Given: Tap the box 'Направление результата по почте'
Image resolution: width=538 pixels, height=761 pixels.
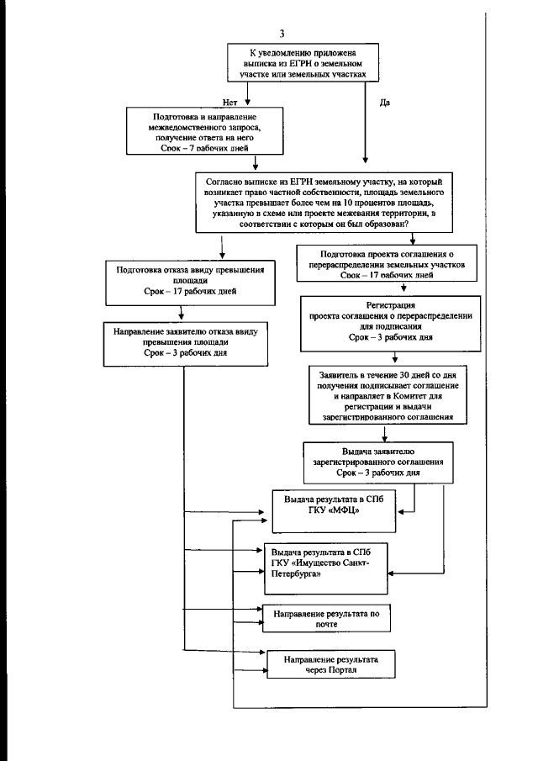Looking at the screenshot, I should (x=326, y=619).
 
